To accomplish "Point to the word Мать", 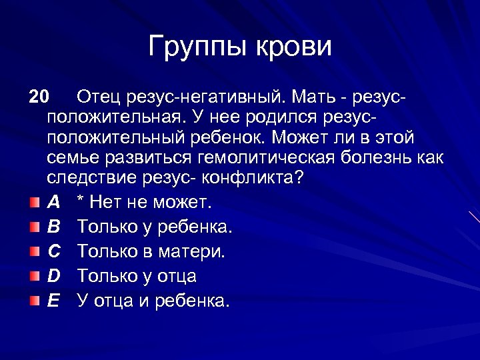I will [313, 97].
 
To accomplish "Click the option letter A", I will [55, 202].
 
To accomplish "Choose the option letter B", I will [55, 227].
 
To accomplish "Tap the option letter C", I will [55, 251].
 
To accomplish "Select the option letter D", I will [55, 276].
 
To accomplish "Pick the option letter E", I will [55, 301].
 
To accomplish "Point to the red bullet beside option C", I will [34, 251].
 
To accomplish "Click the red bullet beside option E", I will [34, 301].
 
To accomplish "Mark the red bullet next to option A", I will [34, 202].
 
